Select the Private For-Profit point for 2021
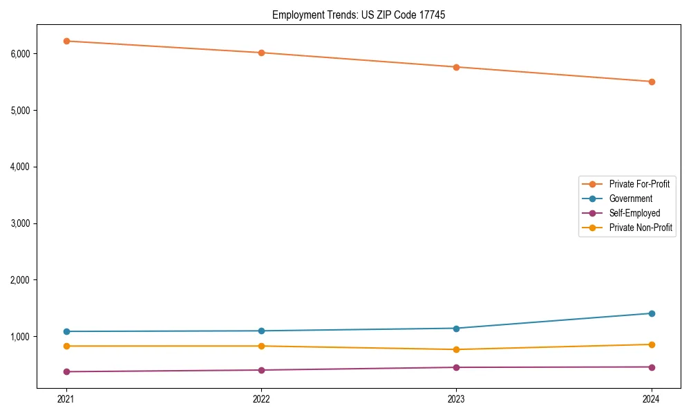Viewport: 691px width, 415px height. [x=66, y=41]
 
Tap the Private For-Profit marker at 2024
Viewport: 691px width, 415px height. [x=652, y=82]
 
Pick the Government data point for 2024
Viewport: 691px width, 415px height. [x=652, y=313]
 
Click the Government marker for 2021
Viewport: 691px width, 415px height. [x=66, y=331]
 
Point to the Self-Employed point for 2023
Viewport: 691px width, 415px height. [x=456, y=367]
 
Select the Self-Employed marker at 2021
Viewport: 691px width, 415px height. [x=66, y=371]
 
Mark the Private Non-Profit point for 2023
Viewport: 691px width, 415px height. [x=456, y=349]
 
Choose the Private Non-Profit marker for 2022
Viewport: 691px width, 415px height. [x=261, y=346]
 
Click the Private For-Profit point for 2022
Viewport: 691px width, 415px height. [x=261, y=53]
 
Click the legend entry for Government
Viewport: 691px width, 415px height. [x=630, y=199]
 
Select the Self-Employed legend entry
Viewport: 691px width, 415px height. [x=634, y=213]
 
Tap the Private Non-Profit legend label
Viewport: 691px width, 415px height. [x=641, y=228]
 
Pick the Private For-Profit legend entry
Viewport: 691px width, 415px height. [x=639, y=184]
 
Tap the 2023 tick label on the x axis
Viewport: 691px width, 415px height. [x=456, y=398]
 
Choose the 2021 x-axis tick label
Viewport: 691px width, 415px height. [x=66, y=398]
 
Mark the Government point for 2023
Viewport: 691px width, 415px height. [x=456, y=328]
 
